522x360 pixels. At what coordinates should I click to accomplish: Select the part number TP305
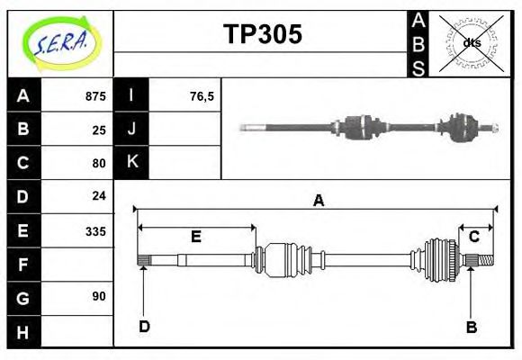point(262,35)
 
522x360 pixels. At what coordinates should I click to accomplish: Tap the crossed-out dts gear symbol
point(471,43)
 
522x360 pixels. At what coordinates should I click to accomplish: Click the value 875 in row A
point(95,96)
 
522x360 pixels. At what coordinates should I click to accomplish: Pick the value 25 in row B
point(99,130)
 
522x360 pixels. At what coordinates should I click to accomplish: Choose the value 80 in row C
point(99,163)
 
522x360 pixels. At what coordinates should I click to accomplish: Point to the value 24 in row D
point(99,195)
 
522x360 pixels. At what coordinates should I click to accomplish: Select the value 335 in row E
point(95,230)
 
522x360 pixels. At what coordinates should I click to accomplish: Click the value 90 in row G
point(99,296)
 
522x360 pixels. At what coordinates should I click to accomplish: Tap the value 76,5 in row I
point(202,96)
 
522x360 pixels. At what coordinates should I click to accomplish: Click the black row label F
point(22,265)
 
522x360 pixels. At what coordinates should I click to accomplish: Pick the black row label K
point(131,163)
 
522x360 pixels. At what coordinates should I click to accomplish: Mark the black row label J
point(131,130)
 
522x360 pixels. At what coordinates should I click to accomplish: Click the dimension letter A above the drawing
point(318,201)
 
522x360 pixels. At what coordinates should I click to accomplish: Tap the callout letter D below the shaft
point(144,326)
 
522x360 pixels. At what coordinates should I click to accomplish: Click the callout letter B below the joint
point(471,327)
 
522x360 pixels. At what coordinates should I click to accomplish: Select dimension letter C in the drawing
point(472,237)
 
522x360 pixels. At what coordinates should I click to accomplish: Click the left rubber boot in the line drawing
point(286,258)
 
